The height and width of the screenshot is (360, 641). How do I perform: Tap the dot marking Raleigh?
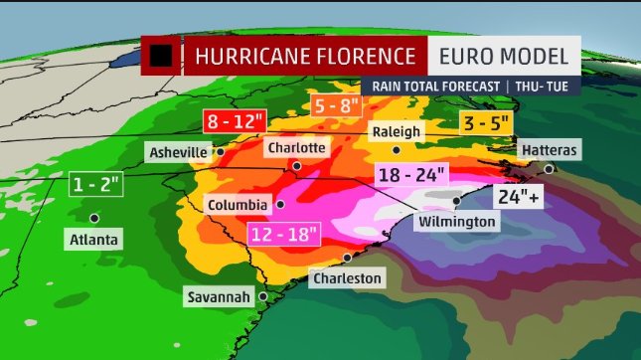tap(397, 150)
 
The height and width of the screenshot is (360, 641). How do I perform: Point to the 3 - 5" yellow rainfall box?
tap(486, 124)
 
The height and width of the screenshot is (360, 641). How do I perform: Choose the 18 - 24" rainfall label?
tap(410, 174)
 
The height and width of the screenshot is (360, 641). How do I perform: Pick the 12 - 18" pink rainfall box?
tap(282, 235)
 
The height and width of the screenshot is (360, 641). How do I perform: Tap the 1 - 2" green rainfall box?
tap(96, 185)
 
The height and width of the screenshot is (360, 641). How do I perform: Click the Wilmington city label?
tap(457, 221)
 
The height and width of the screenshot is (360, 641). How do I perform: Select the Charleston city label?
tap(346, 278)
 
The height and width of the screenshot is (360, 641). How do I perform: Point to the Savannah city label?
tap(221, 296)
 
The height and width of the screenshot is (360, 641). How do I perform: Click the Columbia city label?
tap(237, 205)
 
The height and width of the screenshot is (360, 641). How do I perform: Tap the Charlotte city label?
tap(296, 147)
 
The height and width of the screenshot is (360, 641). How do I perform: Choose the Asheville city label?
tap(178, 152)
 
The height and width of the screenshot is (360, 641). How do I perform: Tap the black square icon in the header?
tap(161, 56)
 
